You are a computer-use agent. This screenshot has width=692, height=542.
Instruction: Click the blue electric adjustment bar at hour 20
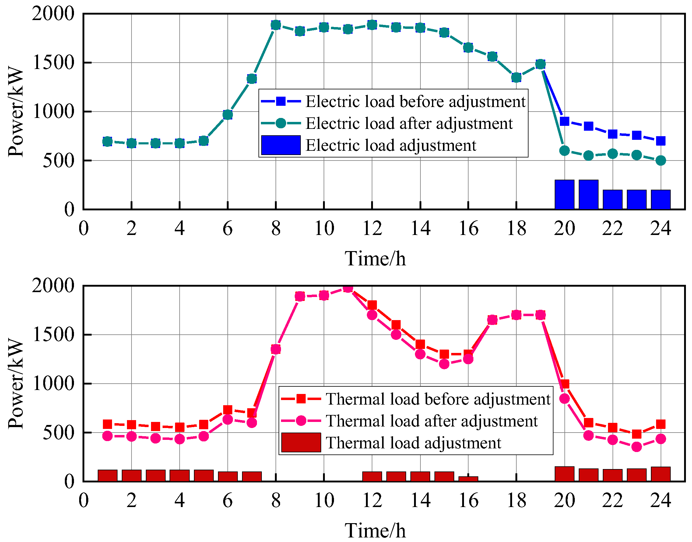tap(564, 195)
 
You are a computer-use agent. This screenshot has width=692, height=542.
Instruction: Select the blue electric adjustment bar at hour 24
tap(661, 200)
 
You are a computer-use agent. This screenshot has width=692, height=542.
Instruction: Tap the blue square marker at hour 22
tap(613, 134)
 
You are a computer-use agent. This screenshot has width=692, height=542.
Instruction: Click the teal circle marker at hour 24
tap(661, 161)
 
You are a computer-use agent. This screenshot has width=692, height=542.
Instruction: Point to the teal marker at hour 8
tap(276, 25)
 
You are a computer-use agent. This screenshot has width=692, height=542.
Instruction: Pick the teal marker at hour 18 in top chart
tap(516, 78)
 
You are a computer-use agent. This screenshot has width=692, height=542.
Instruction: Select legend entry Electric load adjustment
tap(391, 145)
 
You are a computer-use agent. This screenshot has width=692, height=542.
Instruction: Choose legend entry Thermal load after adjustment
tap(431, 421)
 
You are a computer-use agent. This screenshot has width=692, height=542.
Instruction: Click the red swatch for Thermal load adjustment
tap(301, 443)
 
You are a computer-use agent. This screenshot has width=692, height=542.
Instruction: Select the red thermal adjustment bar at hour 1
tap(107, 476)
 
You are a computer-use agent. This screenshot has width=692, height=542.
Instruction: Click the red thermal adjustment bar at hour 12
tap(372, 477)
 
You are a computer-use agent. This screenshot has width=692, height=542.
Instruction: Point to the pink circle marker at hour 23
tap(636, 447)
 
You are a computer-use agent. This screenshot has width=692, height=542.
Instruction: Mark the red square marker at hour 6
tap(227, 410)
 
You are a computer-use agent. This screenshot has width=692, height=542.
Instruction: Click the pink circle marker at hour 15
tap(444, 364)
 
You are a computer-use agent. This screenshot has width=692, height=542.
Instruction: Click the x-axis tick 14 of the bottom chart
tap(420, 501)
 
